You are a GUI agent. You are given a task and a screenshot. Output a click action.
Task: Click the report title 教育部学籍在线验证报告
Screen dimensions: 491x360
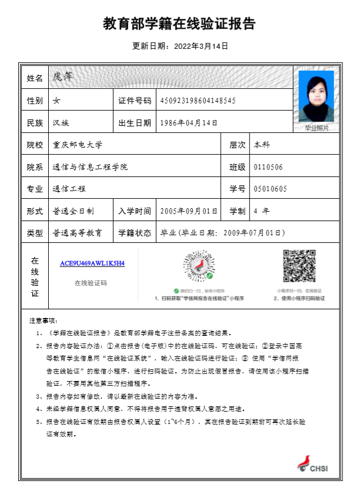179,24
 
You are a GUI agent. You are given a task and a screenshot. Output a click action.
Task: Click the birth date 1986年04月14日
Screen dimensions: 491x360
189,123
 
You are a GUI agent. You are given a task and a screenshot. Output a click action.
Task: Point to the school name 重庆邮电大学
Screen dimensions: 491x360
78,145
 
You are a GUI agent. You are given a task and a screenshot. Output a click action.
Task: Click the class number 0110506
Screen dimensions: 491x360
268,167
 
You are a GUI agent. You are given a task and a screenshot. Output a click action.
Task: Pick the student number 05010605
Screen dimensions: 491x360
270,189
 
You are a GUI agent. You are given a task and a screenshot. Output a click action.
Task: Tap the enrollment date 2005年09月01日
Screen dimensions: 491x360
189,211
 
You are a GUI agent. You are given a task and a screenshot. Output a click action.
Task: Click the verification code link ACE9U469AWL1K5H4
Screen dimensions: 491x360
92,263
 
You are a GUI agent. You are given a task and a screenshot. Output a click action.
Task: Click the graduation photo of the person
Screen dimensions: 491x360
316,97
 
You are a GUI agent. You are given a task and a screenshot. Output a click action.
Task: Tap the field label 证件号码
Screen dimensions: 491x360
135,101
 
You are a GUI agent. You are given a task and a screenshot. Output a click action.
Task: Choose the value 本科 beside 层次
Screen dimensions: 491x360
262,145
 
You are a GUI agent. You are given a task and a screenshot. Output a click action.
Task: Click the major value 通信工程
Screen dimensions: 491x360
69,189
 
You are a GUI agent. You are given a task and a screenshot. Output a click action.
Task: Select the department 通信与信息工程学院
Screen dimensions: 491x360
90,167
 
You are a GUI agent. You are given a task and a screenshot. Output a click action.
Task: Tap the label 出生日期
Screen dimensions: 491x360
135,123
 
